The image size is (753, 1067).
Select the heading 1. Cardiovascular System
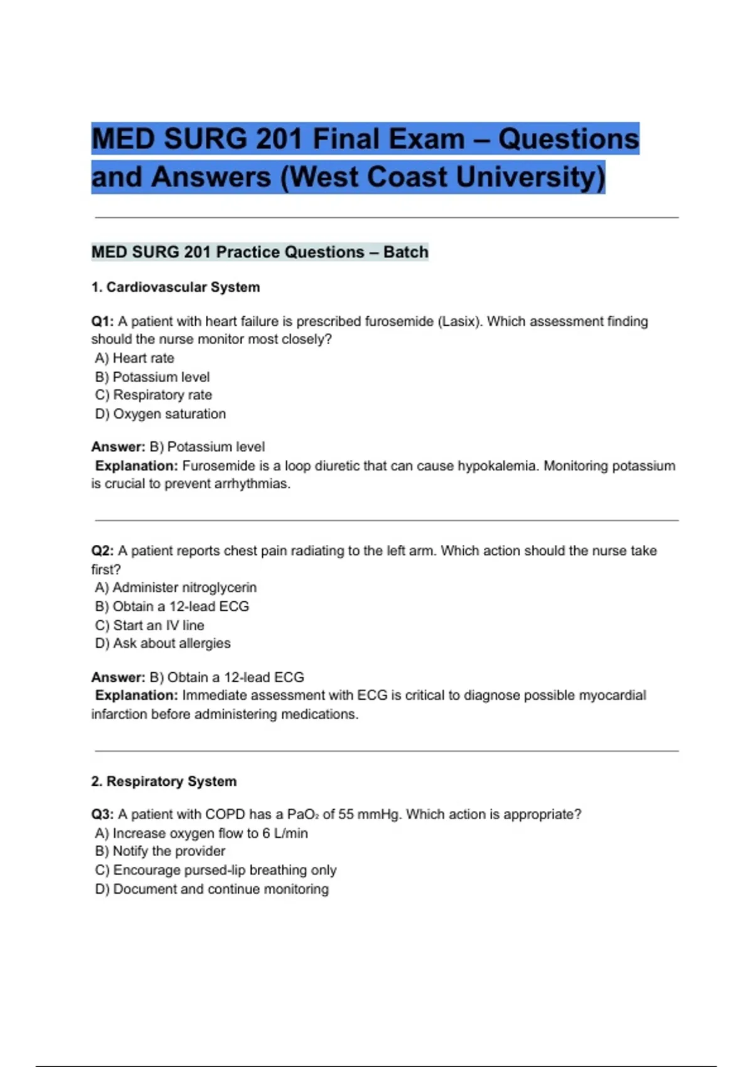pos(176,287)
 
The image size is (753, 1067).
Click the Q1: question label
pos(102,321)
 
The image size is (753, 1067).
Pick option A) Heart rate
pos(135,358)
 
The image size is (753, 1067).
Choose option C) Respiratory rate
pos(154,395)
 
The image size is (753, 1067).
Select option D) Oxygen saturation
pos(161,414)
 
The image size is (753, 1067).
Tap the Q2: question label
pos(102,551)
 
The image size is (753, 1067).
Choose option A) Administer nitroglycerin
pos(176,587)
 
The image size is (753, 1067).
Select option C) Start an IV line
pos(150,625)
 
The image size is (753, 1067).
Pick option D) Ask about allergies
pos(163,643)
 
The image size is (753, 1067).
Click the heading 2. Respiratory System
pos(164,781)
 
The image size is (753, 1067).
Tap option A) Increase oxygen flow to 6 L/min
pos(201,834)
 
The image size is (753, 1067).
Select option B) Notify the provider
pos(160,852)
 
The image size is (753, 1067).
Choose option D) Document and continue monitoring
pos(212,889)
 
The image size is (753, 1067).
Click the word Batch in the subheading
pos(406,252)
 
